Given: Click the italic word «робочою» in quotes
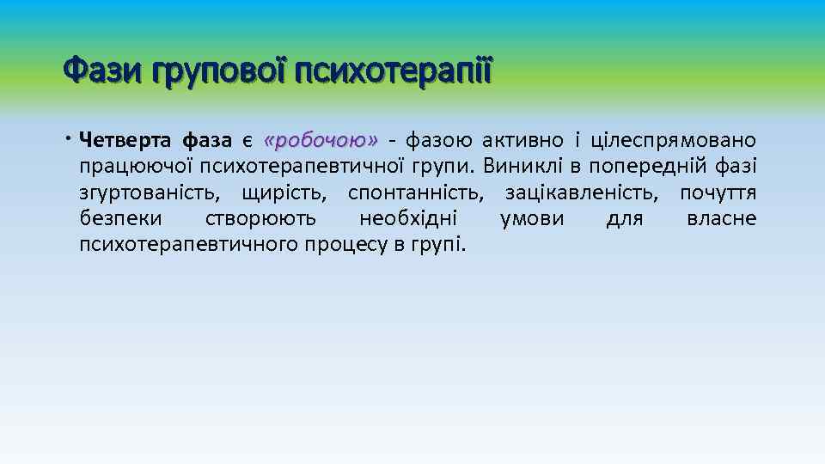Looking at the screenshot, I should [321, 140].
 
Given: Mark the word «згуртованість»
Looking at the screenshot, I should [146, 192].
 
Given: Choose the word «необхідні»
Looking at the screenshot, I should [407, 218].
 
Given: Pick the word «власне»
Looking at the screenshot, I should [721, 218].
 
